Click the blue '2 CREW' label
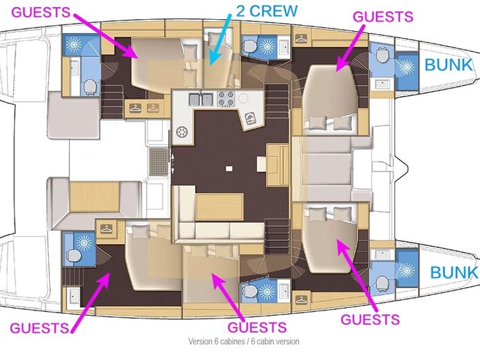[266, 11]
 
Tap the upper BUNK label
[448, 65]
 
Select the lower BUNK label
[454, 272]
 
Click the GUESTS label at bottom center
[257, 327]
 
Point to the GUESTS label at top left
[41, 13]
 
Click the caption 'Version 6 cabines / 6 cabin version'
[244, 341]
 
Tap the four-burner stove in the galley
[226, 98]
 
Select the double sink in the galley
[201, 99]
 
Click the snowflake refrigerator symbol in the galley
[182, 133]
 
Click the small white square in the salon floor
[229, 168]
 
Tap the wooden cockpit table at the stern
[94, 196]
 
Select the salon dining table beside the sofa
[220, 206]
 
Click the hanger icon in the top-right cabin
[301, 39]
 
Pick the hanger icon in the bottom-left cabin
[106, 228]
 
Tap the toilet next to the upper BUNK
[382, 55]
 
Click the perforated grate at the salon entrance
[159, 162]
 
